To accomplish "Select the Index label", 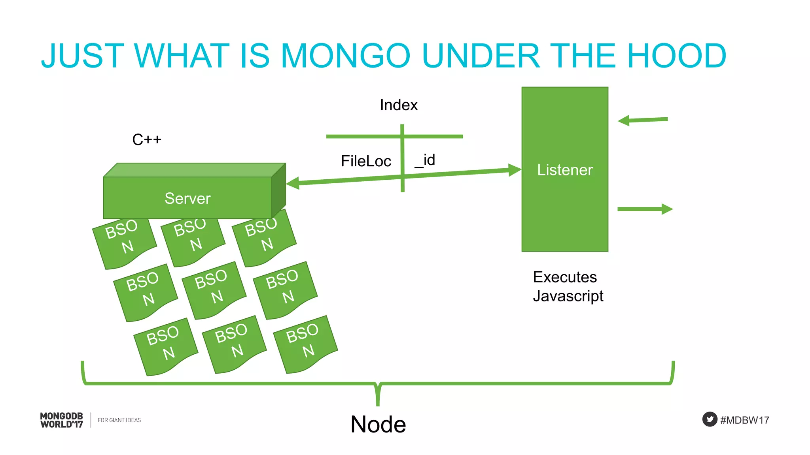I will (x=399, y=105).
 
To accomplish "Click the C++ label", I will (x=147, y=140).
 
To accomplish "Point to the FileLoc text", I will (x=366, y=161).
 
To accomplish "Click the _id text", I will (x=425, y=160).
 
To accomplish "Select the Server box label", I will (x=187, y=198).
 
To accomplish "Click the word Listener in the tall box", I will (x=565, y=170).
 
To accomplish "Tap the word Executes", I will (x=565, y=277).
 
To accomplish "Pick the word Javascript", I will (x=568, y=296).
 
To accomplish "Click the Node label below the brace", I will (x=378, y=425).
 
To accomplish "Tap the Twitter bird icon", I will (x=710, y=419).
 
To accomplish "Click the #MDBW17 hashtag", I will (x=745, y=420).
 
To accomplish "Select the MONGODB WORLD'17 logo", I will (x=62, y=420).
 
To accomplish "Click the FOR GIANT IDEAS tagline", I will (x=119, y=420).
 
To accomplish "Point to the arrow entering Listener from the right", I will (x=643, y=120).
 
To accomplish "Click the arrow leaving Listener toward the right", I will (x=645, y=209).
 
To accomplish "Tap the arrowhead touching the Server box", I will (x=293, y=183).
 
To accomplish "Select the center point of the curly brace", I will (x=378, y=393).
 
